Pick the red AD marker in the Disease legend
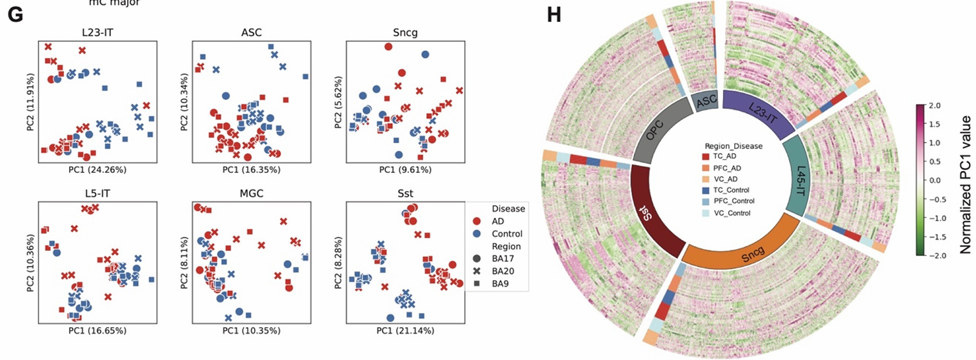pos(477,221)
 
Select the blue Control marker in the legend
pos(477,234)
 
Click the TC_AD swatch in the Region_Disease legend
pos(705,157)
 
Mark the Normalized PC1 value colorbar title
pos(964,181)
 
